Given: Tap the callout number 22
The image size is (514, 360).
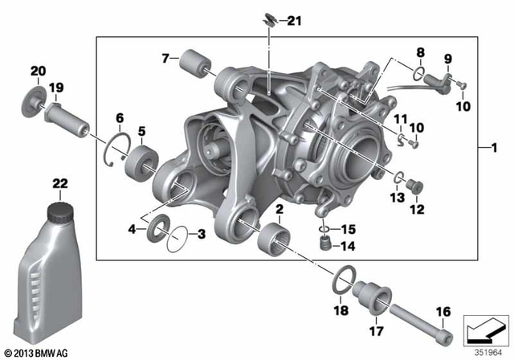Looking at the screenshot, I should [x=59, y=184].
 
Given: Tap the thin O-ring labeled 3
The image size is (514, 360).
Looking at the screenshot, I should [x=178, y=239].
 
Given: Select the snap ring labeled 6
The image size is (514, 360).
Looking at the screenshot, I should [x=119, y=149].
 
